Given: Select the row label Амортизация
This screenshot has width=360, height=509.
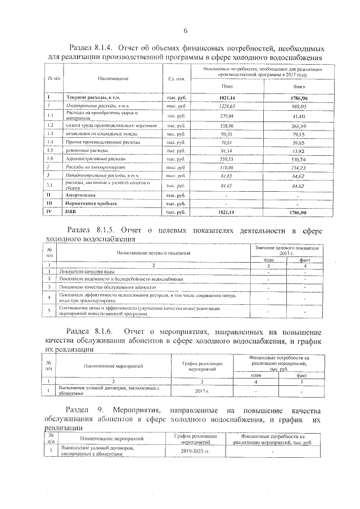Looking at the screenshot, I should tap(82, 195).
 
